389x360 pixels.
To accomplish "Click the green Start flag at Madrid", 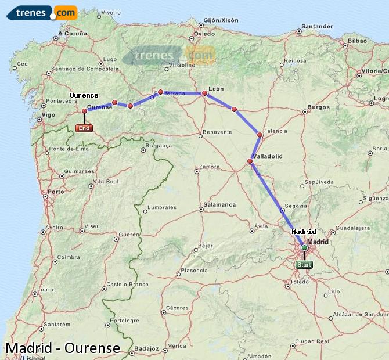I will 304,265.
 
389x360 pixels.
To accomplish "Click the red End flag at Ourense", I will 84,128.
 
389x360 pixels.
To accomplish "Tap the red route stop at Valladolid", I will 250,161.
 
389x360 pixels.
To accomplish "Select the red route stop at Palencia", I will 260,135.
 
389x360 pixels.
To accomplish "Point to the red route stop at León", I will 205,93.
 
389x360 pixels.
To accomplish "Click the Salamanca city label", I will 219,205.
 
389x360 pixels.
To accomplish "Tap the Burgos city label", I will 319,107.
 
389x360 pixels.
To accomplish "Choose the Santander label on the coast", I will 318,27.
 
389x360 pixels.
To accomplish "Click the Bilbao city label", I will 355,41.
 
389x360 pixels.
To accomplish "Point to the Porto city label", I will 56,192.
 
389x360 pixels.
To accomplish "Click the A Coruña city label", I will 73,34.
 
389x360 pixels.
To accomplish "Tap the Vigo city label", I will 49,115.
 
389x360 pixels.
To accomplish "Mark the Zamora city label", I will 209,167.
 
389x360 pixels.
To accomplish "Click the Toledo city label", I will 300,282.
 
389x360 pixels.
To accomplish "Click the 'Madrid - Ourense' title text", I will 63,348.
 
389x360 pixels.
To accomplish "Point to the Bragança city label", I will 158,146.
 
